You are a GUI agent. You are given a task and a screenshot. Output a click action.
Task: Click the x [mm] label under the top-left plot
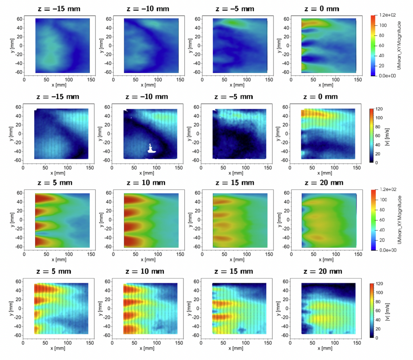(x=58, y=85)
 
